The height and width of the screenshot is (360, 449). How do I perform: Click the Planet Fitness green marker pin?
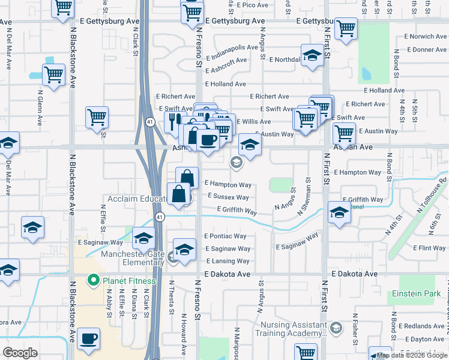pos(94,280)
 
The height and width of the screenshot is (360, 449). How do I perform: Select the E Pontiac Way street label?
pos(225,236)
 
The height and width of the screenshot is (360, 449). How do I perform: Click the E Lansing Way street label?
pos(228,261)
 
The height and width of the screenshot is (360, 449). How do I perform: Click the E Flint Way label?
pos(429,248)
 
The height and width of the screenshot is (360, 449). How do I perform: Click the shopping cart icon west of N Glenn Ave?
pos(53,75)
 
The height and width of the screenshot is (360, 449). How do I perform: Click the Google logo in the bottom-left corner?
pos(20,353)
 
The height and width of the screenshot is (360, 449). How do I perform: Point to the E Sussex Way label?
pos(228,197)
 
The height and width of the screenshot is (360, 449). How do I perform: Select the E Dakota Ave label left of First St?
pos(227,274)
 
